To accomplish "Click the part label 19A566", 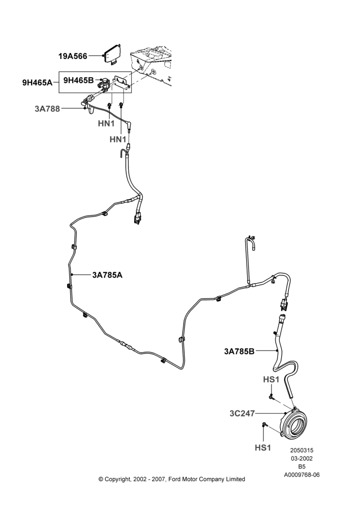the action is [73, 56].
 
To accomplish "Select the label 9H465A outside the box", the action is [37, 82].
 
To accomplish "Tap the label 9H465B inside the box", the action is [78, 80].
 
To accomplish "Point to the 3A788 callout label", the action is [47, 109].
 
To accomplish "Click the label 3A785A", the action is [107, 275].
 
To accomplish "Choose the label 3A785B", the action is [239, 351].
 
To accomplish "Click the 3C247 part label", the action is [242, 414].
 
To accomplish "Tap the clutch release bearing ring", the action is [294, 425].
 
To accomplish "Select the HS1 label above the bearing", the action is [271, 379].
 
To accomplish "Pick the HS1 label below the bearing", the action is [263, 448].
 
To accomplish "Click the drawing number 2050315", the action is [302, 450].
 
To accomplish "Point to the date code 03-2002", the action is [302, 458].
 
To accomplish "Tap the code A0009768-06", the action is [302, 475].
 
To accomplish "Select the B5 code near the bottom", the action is [302, 467].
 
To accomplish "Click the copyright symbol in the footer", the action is [101, 479].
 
